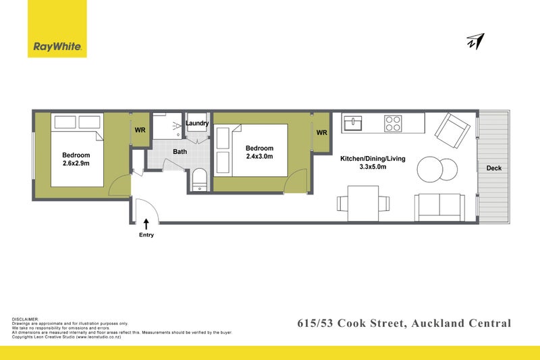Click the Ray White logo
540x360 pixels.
click(x=57, y=47)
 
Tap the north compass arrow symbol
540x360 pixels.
click(x=475, y=42)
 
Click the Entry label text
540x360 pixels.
click(x=146, y=235)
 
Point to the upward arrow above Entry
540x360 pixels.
click(x=146, y=222)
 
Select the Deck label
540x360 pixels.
click(x=493, y=168)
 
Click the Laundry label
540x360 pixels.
click(x=197, y=123)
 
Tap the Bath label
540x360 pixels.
click(x=180, y=152)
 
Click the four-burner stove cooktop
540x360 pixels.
click(x=393, y=124)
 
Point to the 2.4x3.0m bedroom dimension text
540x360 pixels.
click(x=259, y=158)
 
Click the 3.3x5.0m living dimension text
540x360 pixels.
click(x=373, y=167)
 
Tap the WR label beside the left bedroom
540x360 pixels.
click(x=140, y=130)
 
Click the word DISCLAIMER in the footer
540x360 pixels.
click(x=26, y=319)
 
